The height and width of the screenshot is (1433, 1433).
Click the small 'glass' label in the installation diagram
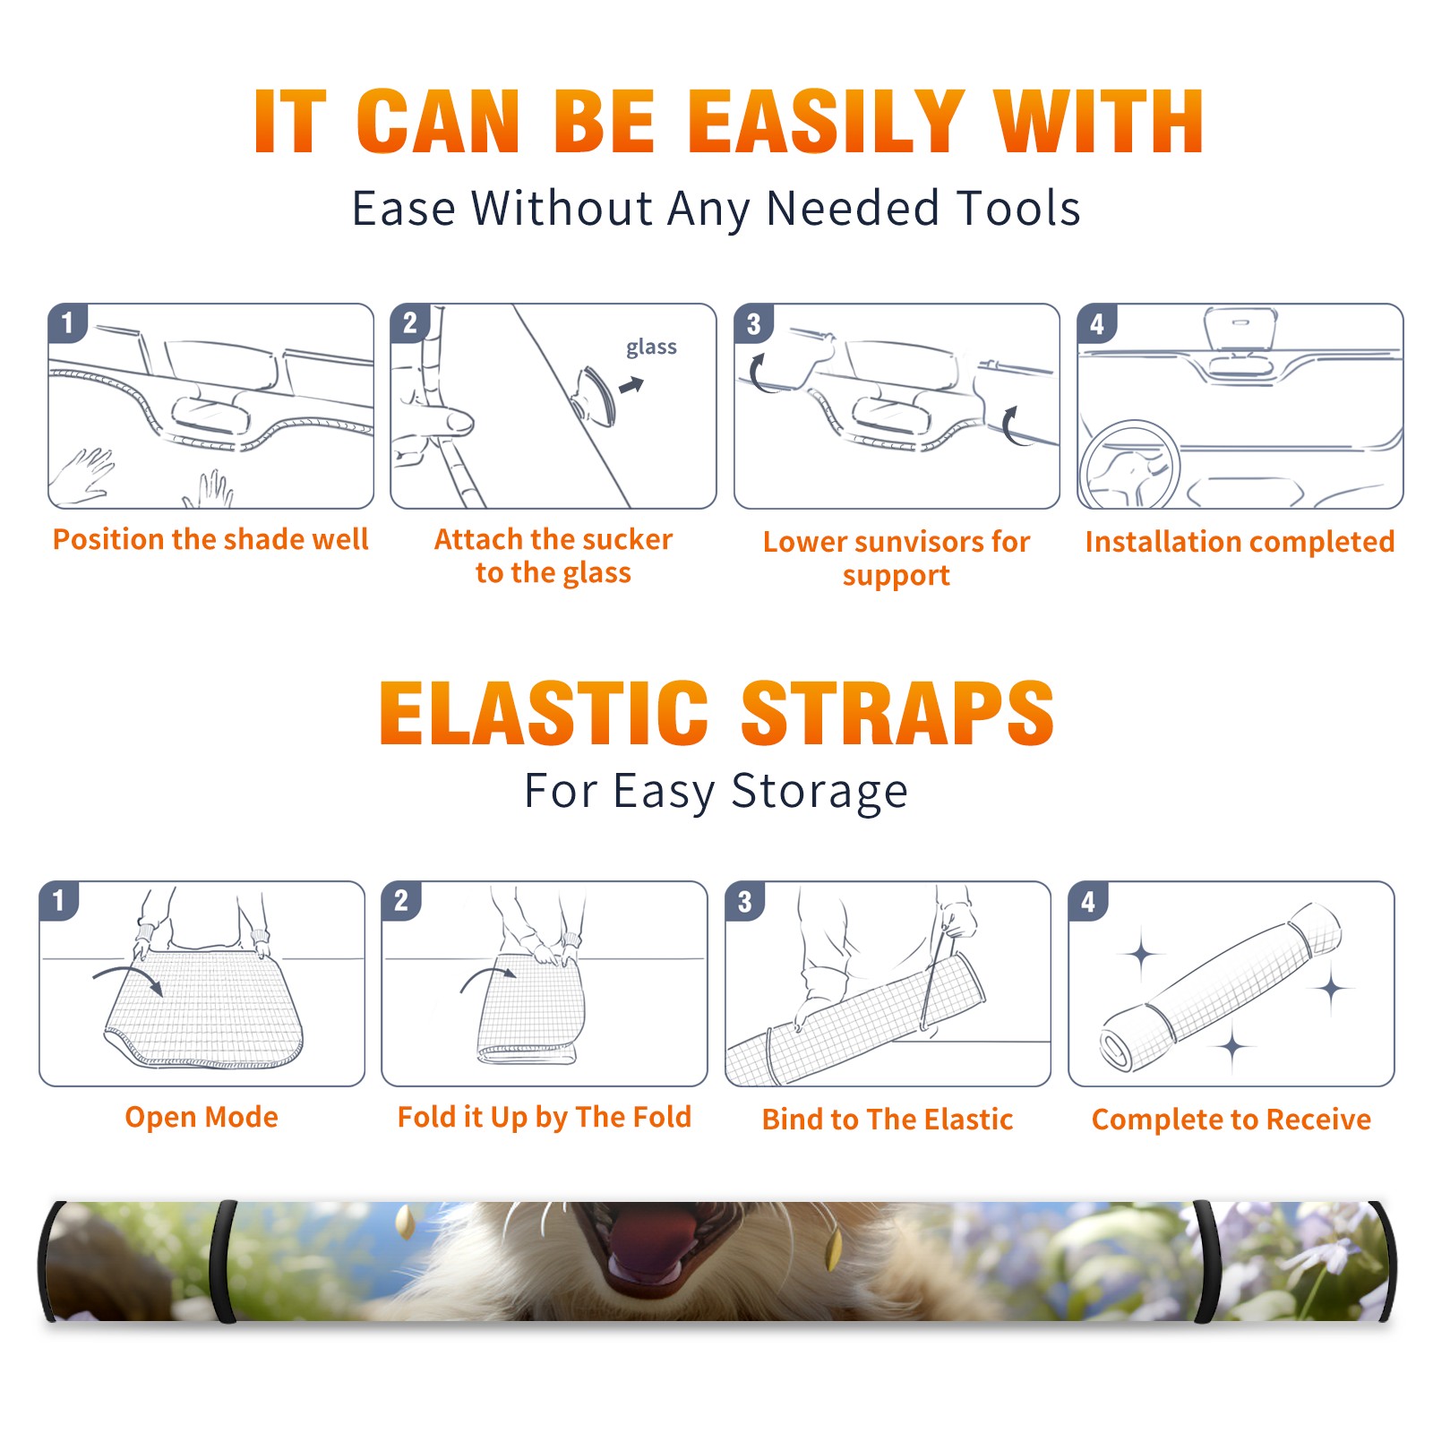(x=651, y=347)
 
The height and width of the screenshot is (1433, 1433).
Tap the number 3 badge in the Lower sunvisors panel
(x=753, y=324)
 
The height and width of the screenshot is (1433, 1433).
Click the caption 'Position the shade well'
(x=210, y=539)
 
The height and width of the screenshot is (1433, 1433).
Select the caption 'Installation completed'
(x=1240, y=541)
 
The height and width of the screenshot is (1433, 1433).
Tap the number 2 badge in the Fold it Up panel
(x=401, y=901)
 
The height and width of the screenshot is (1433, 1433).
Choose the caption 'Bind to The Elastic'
(x=888, y=1119)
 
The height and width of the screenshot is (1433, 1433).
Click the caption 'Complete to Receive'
(x=1231, y=1119)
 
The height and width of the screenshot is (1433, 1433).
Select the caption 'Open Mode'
(x=202, y=1117)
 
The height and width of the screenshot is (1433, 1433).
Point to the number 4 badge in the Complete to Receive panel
(x=1088, y=901)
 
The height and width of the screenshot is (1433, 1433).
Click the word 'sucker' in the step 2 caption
(x=627, y=539)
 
